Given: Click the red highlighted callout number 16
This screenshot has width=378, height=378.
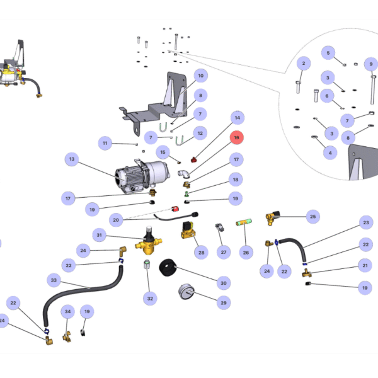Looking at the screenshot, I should [237, 137].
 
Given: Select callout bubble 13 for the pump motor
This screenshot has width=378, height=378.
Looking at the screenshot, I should [72, 159].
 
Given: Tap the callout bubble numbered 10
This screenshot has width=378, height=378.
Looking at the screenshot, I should [201, 76].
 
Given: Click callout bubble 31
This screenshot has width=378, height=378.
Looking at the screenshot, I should [99, 235].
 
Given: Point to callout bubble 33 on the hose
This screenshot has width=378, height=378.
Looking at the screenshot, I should [54, 280].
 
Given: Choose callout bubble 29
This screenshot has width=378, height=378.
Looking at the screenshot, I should [223, 303].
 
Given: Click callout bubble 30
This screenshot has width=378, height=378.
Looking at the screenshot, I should [222, 282].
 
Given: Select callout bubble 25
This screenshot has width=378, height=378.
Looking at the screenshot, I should [312, 216].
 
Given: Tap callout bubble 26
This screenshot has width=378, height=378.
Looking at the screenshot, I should [246, 253].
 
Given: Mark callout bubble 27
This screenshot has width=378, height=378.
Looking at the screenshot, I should [223, 252].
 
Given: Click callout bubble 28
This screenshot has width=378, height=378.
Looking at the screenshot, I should [201, 253].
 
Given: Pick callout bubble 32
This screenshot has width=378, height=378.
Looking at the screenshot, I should [149, 298].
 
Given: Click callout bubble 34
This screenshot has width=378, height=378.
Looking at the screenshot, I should [67, 312].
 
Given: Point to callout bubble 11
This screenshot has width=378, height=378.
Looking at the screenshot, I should [105, 144].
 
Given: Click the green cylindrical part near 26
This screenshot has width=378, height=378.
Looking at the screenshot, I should [244, 222].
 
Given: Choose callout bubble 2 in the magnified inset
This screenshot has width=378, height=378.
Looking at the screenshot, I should [303, 63].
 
